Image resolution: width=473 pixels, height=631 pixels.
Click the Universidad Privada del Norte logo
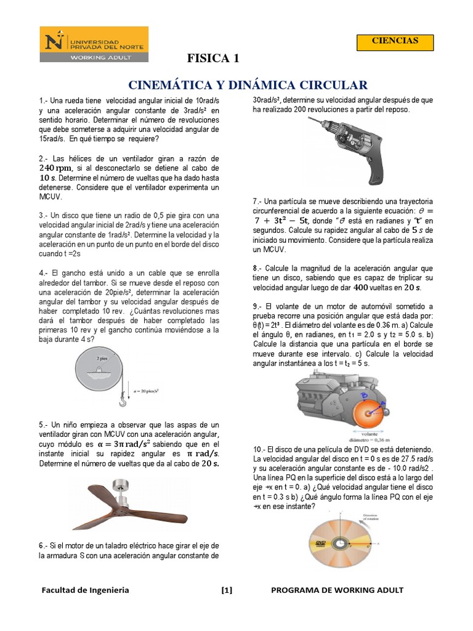coord(94,44)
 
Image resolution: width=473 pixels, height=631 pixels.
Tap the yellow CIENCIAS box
coord(395,41)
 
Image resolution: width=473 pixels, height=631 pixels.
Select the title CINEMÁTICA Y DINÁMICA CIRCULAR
coord(248,84)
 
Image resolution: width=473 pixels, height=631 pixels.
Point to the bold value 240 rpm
coord(55,168)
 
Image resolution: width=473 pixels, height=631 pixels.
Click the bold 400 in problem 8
coord(362,288)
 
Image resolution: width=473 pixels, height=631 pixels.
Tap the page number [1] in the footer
coord(227,590)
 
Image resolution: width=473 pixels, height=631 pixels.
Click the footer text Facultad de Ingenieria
coord(85,590)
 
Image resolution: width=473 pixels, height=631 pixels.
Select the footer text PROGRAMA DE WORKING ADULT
coord(337,590)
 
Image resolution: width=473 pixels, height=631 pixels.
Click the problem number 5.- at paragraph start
coord(43,425)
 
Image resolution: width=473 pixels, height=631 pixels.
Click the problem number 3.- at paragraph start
coord(43,216)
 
